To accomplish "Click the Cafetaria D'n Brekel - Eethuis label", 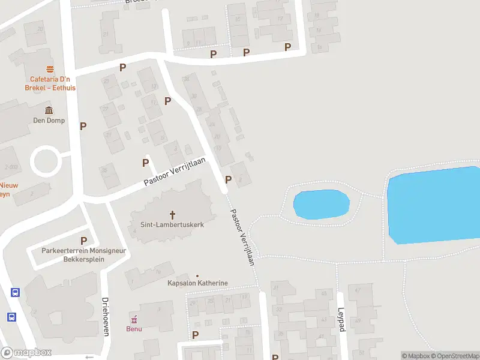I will tap(48, 83).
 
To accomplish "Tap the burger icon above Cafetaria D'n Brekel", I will tap(48, 68).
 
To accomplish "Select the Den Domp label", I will tap(48, 121).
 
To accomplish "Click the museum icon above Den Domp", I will tap(48, 110).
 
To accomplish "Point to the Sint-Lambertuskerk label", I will tap(172, 225).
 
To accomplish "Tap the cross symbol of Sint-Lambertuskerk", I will tap(173, 214).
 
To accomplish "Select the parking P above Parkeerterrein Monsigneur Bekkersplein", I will tap(83, 241).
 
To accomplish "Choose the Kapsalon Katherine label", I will tap(197, 283).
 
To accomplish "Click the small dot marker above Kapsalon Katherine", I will tap(197, 275).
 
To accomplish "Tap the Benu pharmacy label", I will tap(134, 329).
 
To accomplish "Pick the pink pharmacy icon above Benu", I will tap(134, 319).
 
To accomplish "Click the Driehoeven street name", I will tap(105, 317).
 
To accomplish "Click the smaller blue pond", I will tap(321, 204).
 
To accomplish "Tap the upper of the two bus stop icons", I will tap(15, 293).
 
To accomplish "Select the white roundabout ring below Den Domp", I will tap(47, 161).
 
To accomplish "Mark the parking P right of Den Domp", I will tap(83, 126).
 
